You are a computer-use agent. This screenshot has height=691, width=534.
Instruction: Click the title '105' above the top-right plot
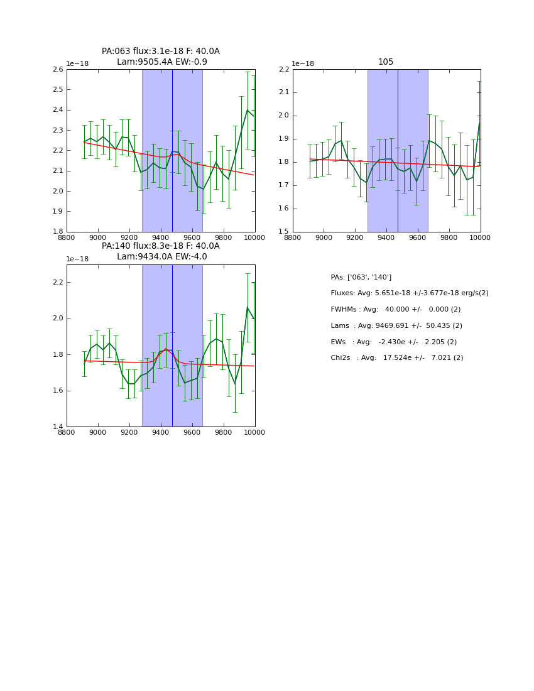[386, 62]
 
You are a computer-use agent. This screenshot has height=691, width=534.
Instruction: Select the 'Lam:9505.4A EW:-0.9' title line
[161, 62]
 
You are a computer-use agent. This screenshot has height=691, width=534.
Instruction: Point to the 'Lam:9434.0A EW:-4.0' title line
[161, 256]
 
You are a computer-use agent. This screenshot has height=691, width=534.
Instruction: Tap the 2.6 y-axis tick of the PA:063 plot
[57, 69]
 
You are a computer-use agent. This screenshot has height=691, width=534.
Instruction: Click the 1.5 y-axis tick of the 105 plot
[283, 232]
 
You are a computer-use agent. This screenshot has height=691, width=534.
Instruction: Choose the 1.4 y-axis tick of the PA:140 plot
[57, 427]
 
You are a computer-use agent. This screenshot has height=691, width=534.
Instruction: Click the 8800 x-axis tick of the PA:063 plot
[67, 238]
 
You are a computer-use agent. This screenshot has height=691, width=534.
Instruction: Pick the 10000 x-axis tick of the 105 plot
[480, 238]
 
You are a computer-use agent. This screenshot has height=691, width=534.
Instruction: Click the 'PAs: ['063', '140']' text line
[361, 277]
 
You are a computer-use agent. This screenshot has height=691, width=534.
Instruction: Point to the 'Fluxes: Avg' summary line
[409, 293]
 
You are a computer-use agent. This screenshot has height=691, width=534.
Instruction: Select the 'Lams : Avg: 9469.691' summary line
[396, 325]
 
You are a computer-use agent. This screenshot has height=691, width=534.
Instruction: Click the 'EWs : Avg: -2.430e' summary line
[393, 342]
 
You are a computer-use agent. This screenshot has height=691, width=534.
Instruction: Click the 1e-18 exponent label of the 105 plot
[303, 64]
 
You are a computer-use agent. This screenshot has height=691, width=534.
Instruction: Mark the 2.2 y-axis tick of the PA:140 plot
[57, 282]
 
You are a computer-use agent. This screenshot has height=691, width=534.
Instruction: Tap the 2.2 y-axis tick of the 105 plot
[283, 69]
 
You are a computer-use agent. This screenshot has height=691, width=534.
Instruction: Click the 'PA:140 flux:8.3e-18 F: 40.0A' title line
[161, 246]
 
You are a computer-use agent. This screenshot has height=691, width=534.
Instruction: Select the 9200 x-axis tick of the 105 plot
[355, 238]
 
